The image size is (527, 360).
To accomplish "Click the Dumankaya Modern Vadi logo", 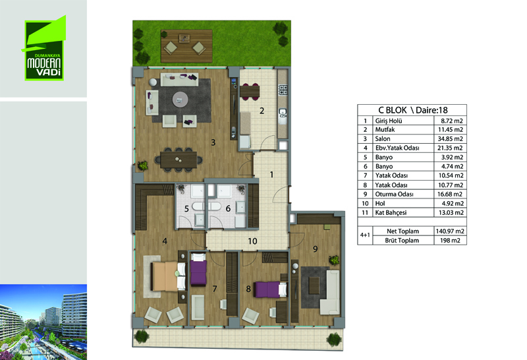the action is tap(44, 48).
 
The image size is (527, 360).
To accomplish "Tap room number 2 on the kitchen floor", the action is tap(262, 110).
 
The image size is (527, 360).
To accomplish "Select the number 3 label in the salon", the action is tap(213, 142).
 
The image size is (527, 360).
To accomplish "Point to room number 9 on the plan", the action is tap(316, 249).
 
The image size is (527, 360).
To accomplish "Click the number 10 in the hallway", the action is tap(252, 241).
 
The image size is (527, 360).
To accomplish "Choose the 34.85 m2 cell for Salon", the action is tap(450, 138).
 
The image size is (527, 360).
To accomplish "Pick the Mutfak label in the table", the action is tap(385, 129).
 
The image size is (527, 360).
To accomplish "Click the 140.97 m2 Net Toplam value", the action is tap(450, 231).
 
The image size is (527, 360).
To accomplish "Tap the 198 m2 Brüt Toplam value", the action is tap(450, 240).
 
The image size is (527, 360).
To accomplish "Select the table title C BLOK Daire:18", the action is tap(413, 110).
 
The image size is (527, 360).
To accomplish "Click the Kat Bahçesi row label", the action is tap(391, 212).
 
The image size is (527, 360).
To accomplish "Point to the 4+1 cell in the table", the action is tap(365, 235).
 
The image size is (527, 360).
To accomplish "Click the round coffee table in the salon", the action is tap(180, 100).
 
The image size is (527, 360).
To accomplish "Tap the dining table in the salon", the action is tap(179, 160).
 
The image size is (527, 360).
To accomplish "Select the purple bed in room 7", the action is tap(198, 270).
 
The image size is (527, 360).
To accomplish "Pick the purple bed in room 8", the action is tap(271, 289).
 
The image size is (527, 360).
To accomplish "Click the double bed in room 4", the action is tap(169, 276).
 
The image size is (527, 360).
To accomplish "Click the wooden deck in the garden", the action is tap(186, 46).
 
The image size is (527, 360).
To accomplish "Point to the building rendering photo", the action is tap(43, 322).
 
